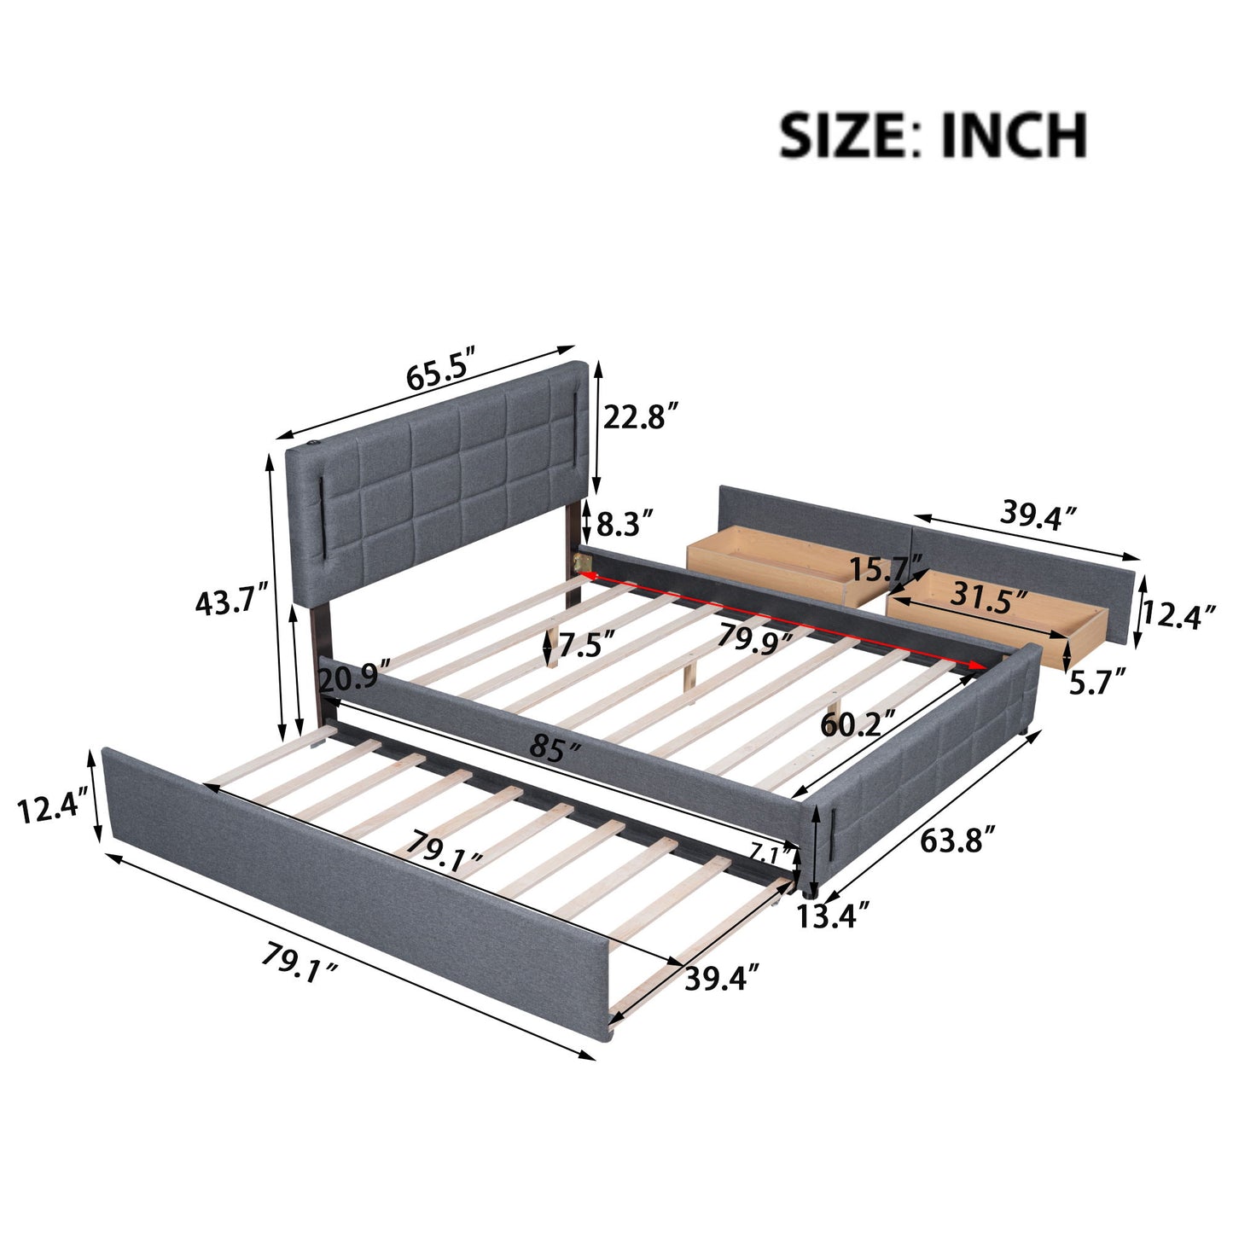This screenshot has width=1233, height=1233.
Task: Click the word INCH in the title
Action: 1014,135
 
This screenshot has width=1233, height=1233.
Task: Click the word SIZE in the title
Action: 842,135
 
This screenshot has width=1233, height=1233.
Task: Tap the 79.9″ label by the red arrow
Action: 754,638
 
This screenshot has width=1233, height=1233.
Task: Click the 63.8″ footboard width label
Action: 957,840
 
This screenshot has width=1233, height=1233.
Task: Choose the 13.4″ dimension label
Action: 833,916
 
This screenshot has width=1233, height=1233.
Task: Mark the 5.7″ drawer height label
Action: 1096,682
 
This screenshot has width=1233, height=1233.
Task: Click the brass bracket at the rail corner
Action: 585,561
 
